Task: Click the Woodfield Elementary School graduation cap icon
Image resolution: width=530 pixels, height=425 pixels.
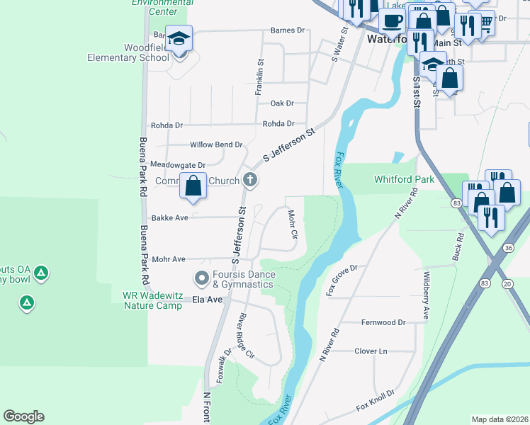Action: pos(179,38)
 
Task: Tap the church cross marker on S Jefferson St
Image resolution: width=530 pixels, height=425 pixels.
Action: pos(249,181)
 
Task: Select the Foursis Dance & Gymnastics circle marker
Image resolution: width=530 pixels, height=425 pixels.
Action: pos(202,278)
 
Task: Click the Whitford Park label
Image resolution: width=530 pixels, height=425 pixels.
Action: pos(404,180)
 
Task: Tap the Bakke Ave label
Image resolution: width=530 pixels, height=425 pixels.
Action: pos(170,218)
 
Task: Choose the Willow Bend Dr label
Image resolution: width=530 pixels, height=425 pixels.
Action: pos(216,144)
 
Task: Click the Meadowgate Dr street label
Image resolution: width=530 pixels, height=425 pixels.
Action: pos(178,165)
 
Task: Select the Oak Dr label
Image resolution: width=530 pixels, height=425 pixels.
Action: pos(281,103)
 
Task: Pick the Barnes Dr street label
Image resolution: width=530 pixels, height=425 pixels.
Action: pos(287,30)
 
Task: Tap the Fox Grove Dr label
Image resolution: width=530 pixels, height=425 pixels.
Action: pos(342,280)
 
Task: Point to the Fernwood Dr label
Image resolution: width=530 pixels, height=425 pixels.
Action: pos(383,322)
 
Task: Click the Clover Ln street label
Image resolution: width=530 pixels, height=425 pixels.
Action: pos(371,351)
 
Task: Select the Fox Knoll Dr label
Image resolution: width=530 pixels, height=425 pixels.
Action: pos(375,404)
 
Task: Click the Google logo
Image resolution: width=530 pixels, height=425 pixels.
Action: pos(23,416)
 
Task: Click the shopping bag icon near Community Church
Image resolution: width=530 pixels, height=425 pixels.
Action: pos(193,186)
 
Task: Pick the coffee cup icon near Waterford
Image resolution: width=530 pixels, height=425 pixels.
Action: pos(391,21)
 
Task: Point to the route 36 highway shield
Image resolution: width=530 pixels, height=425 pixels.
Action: pos(508,248)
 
